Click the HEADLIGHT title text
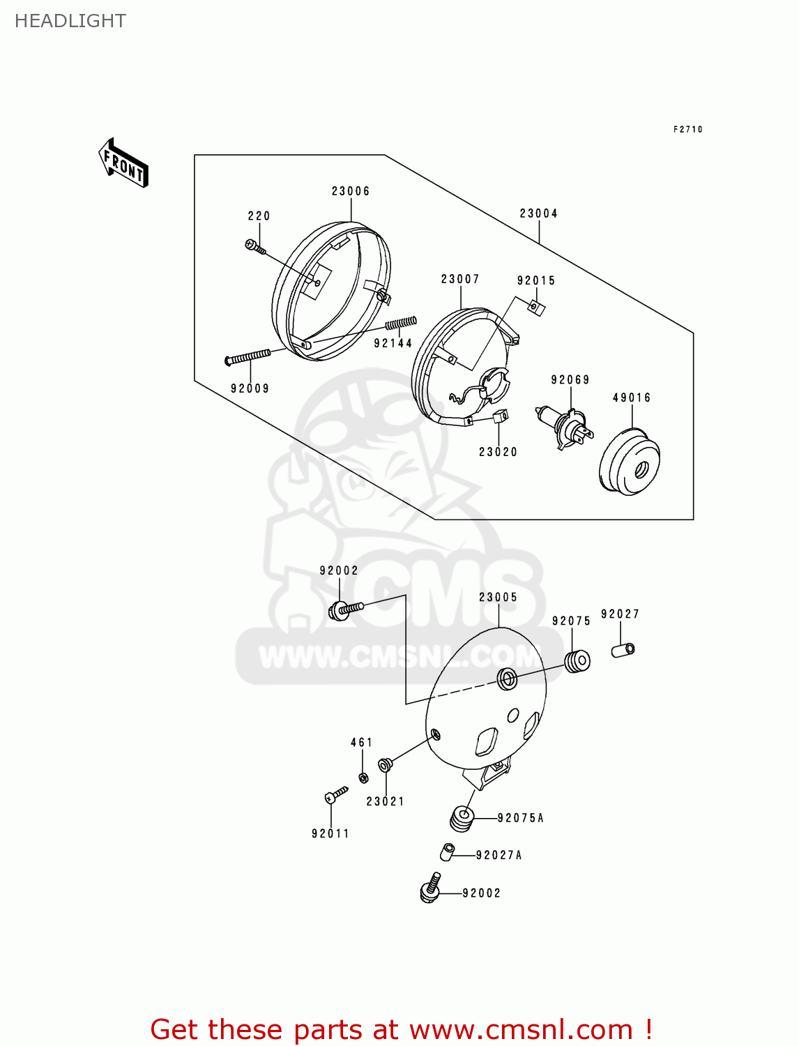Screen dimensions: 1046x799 pyautogui.click(x=70, y=21)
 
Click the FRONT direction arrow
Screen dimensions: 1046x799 pyautogui.click(x=124, y=165)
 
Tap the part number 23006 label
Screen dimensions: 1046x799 pyautogui.click(x=351, y=191)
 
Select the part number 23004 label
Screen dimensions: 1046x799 pyautogui.click(x=538, y=213)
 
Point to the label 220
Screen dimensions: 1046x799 pyautogui.click(x=259, y=216)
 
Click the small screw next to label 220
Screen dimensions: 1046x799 pyautogui.click(x=254, y=246)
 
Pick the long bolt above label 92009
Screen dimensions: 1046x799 pyautogui.click(x=248, y=358)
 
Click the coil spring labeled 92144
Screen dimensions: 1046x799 pyautogui.click(x=401, y=324)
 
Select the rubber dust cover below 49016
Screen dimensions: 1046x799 pyautogui.click(x=630, y=463)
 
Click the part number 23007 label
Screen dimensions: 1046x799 pyautogui.click(x=460, y=279)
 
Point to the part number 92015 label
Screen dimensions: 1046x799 pyautogui.click(x=536, y=280)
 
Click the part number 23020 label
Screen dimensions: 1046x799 pyautogui.click(x=498, y=452)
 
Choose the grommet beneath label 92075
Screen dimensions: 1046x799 pyautogui.click(x=577, y=661)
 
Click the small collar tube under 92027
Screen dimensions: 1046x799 pyautogui.click(x=623, y=650)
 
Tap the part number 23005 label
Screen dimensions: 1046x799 pyautogui.click(x=498, y=598)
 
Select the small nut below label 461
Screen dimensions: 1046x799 pyautogui.click(x=363, y=777)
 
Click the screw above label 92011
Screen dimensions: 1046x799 pyautogui.click(x=335, y=795)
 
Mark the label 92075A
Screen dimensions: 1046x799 pyautogui.click(x=520, y=818)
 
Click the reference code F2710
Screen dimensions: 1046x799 pyautogui.click(x=687, y=130)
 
